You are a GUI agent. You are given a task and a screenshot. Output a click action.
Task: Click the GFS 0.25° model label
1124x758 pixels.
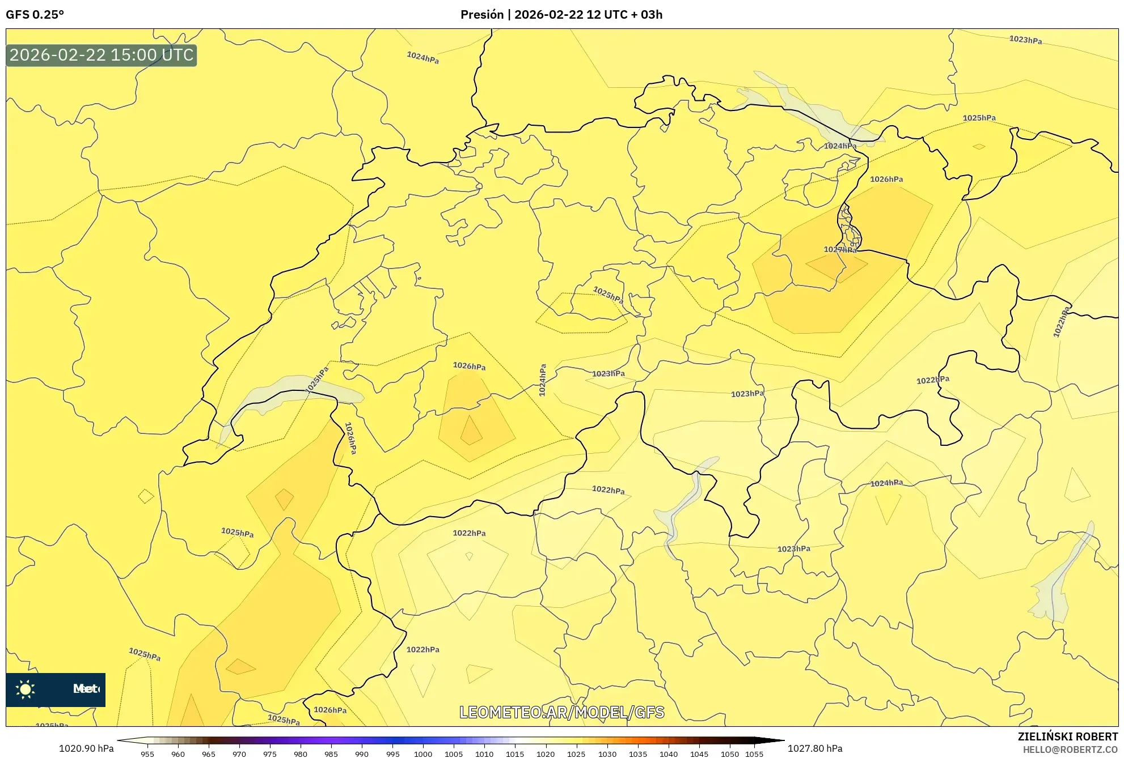pyautogui.click(x=35, y=15)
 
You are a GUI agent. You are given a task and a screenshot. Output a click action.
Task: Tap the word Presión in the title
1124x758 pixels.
pyautogui.click(x=481, y=15)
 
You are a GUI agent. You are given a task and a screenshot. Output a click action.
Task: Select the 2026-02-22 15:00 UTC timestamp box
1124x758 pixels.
pyautogui.click(x=102, y=56)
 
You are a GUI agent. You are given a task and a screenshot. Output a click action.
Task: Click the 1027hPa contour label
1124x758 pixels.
pyautogui.click(x=840, y=249)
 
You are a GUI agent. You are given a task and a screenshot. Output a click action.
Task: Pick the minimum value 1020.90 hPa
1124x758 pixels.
pyautogui.click(x=86, y=748)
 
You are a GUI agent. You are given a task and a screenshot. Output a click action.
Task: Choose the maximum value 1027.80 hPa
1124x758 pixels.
pyautogui.click(x=815, y=748)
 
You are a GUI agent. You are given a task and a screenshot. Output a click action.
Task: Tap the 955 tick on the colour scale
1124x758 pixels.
pyautogui.click(x=147, y=754)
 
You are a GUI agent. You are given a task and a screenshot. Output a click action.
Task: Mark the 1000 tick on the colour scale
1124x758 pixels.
pyautogui.click(x=423, y=754)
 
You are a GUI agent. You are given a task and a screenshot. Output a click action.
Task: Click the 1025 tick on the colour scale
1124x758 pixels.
pyautogui.click(x=576, y=754)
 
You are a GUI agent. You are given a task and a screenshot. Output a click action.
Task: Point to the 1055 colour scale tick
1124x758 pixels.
pyautogui.click(x=754, y=754)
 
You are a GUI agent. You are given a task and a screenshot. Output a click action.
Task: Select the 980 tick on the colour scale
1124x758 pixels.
pyautogui.click(x=301, y=754)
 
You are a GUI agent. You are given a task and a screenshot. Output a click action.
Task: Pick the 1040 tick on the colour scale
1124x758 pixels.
pyautogui.click(x=669, y=754)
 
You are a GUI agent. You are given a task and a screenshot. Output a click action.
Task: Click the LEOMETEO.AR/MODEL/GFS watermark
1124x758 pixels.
pyautogui.click(x=561, y=712)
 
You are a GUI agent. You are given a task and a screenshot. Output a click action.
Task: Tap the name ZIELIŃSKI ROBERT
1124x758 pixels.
pyautogui.click(x=1068, y=736)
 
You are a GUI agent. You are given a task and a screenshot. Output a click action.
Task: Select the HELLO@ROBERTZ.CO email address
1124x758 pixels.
pyautogui.click(x=1070, y=750)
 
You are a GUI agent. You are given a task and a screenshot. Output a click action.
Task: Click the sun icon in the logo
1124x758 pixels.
pyautogui.click(x=26, y=689)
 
